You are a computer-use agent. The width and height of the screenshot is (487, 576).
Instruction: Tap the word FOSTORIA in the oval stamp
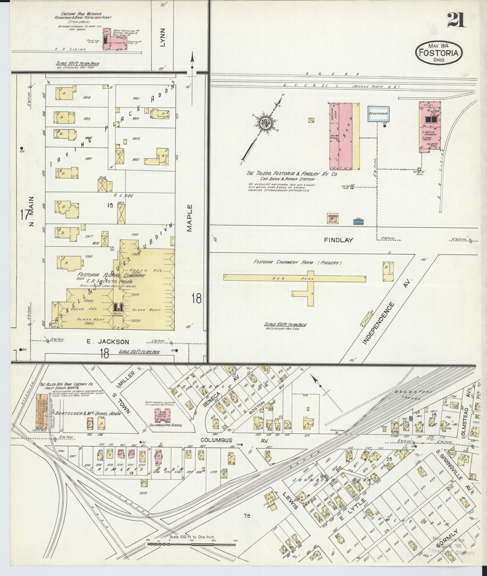pos(438,53)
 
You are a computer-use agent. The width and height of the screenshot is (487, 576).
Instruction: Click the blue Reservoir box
pos(378,114)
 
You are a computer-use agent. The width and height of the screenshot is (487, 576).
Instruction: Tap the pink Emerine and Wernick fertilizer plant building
pos(115,43)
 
